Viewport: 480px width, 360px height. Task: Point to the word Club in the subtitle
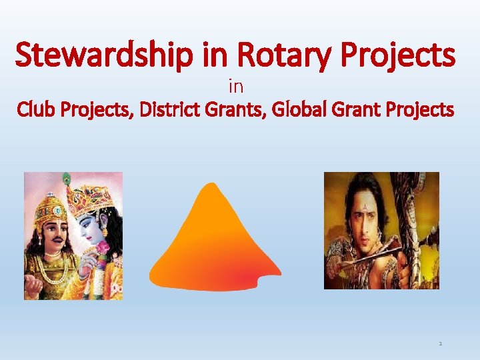click(x=41, y=109)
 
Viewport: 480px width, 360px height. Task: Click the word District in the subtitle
click(x=174, y=109)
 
